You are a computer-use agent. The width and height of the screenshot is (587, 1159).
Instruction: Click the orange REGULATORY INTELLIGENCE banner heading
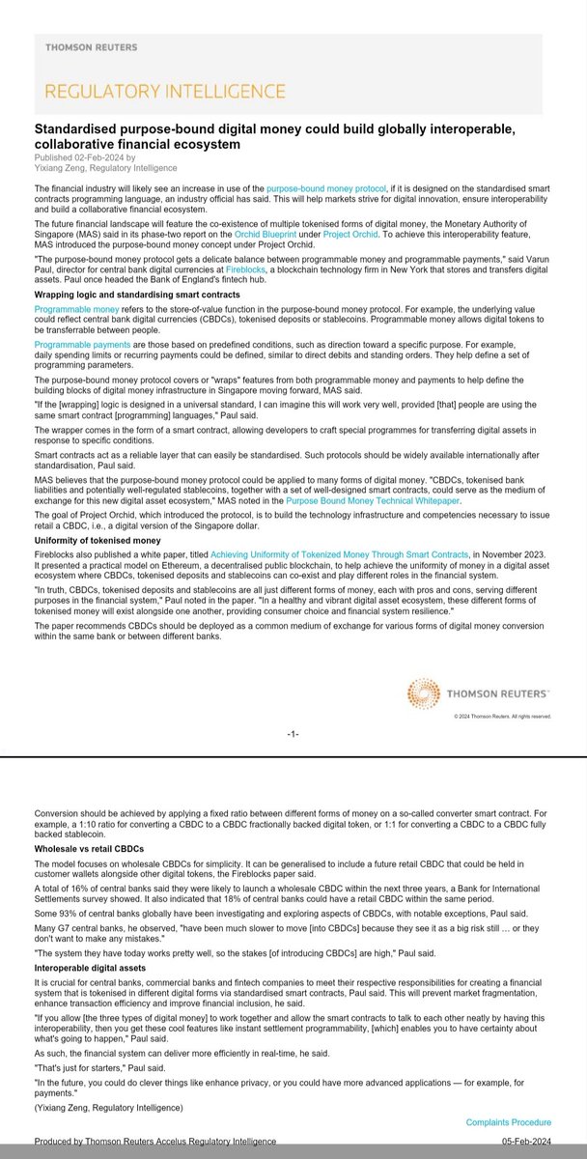click(x=161, y=91)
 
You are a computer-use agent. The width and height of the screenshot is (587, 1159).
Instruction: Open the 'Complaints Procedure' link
click(x=508, y=1122)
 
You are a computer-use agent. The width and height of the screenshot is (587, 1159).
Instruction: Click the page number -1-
click(x=293, y=734)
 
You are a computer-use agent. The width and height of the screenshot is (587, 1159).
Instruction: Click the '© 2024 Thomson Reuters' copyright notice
click(x=502, y=717)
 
